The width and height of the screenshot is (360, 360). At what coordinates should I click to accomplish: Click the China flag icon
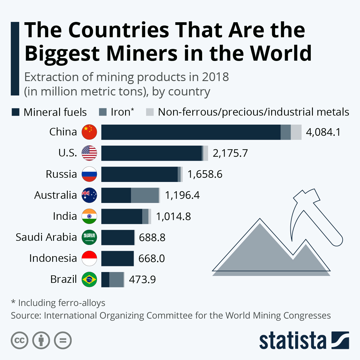click(89, 132)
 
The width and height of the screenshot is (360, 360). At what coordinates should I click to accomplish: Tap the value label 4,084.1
click(323, 132)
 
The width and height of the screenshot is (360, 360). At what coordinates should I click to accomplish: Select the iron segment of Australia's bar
click(145, 195)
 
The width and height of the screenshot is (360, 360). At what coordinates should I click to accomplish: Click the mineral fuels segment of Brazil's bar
click(105, 280)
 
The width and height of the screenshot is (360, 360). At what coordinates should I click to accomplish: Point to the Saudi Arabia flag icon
click(89, 237)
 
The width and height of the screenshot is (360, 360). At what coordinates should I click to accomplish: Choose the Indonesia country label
click(53, 258)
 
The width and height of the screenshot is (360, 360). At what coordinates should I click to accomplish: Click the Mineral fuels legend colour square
click(16, 112)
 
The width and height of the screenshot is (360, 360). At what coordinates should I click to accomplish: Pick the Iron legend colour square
click(103, 112)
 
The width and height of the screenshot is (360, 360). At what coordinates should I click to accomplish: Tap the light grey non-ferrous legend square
click(150, 112)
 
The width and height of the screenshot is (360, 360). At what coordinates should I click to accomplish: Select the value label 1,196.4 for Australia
click(182, 195)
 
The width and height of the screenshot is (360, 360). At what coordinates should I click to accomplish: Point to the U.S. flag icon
click(89, 153)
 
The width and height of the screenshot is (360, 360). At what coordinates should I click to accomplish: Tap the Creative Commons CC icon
click(19, 340)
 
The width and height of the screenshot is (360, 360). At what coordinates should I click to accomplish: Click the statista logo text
click(292, 340)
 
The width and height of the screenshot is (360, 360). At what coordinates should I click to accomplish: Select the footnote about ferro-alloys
click(58, 303)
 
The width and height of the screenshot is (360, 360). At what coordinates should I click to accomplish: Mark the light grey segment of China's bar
click(296, 132)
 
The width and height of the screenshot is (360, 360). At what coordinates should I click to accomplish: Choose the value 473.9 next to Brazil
click(142, 280)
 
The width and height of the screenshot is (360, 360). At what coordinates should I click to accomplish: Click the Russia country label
click(61, 174)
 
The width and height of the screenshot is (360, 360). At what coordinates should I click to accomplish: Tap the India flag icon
click(89, 216)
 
